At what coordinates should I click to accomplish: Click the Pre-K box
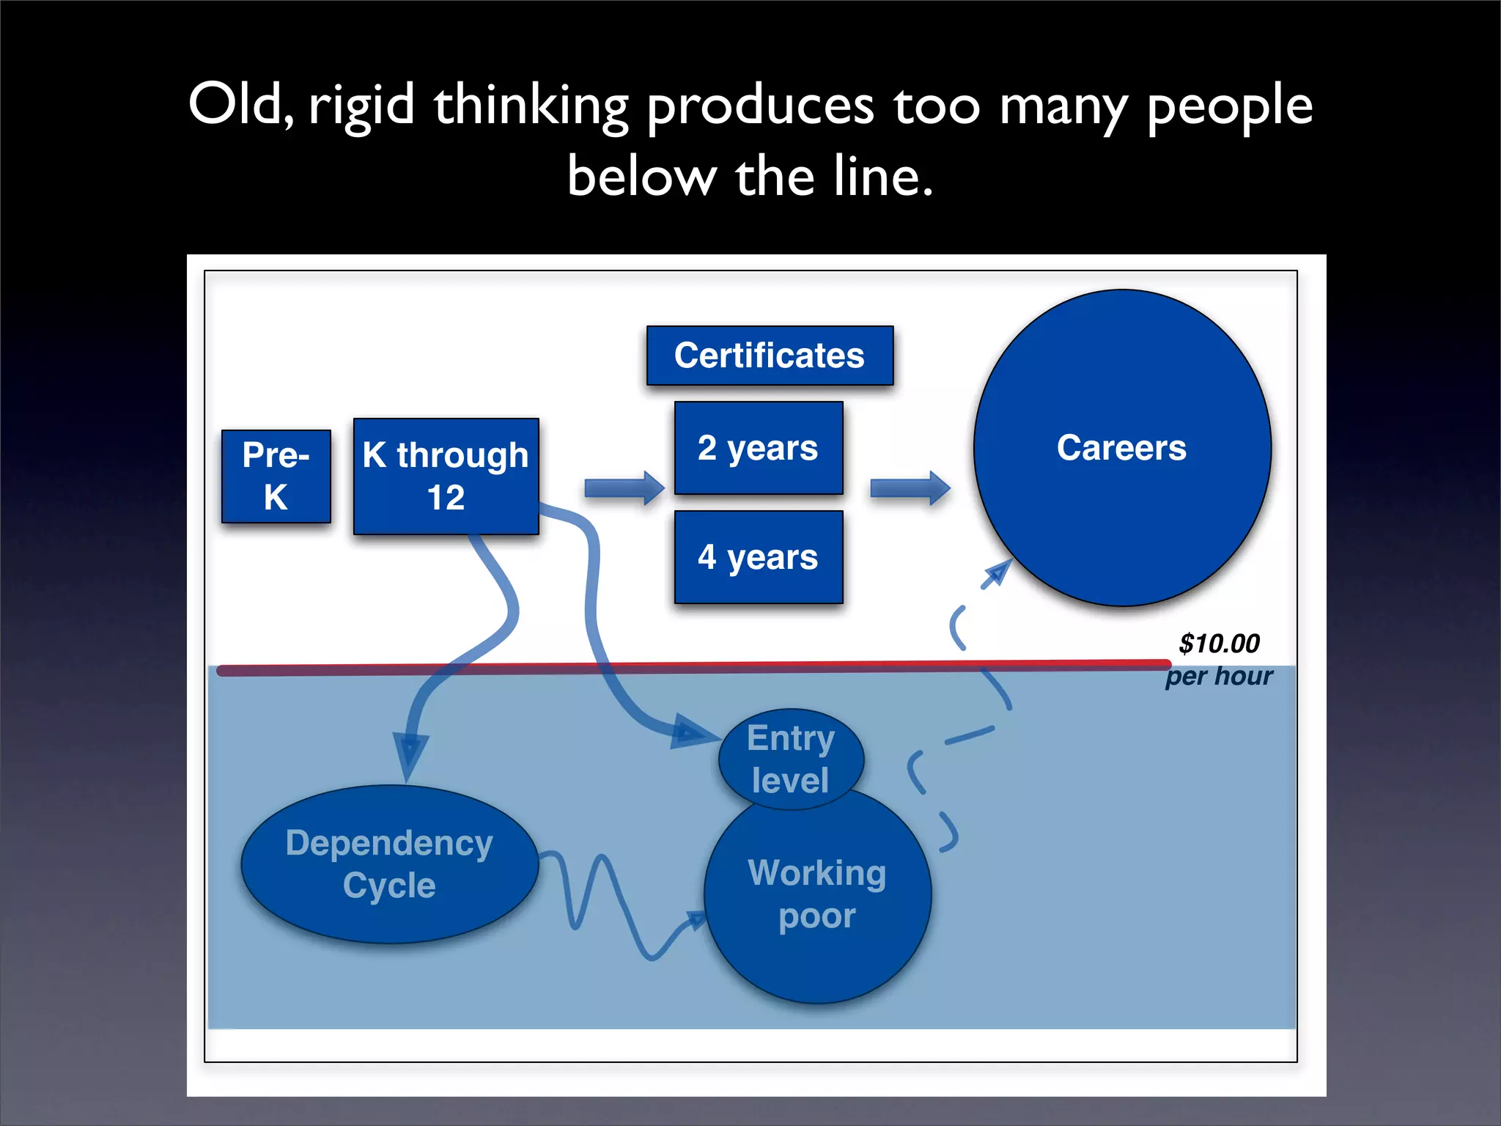276,476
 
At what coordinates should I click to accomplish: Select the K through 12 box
446,476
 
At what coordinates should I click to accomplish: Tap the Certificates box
770,356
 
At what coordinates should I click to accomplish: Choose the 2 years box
758,448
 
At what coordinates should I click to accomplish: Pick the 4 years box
758,557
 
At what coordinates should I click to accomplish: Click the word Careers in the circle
1121,448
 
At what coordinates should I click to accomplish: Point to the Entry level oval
790,759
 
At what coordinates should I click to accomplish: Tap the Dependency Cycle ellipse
389,864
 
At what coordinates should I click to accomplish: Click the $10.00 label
1218,644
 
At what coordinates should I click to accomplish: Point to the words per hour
1218,676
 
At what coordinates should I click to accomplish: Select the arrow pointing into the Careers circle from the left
910,488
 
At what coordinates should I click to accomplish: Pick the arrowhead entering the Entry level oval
692,732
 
